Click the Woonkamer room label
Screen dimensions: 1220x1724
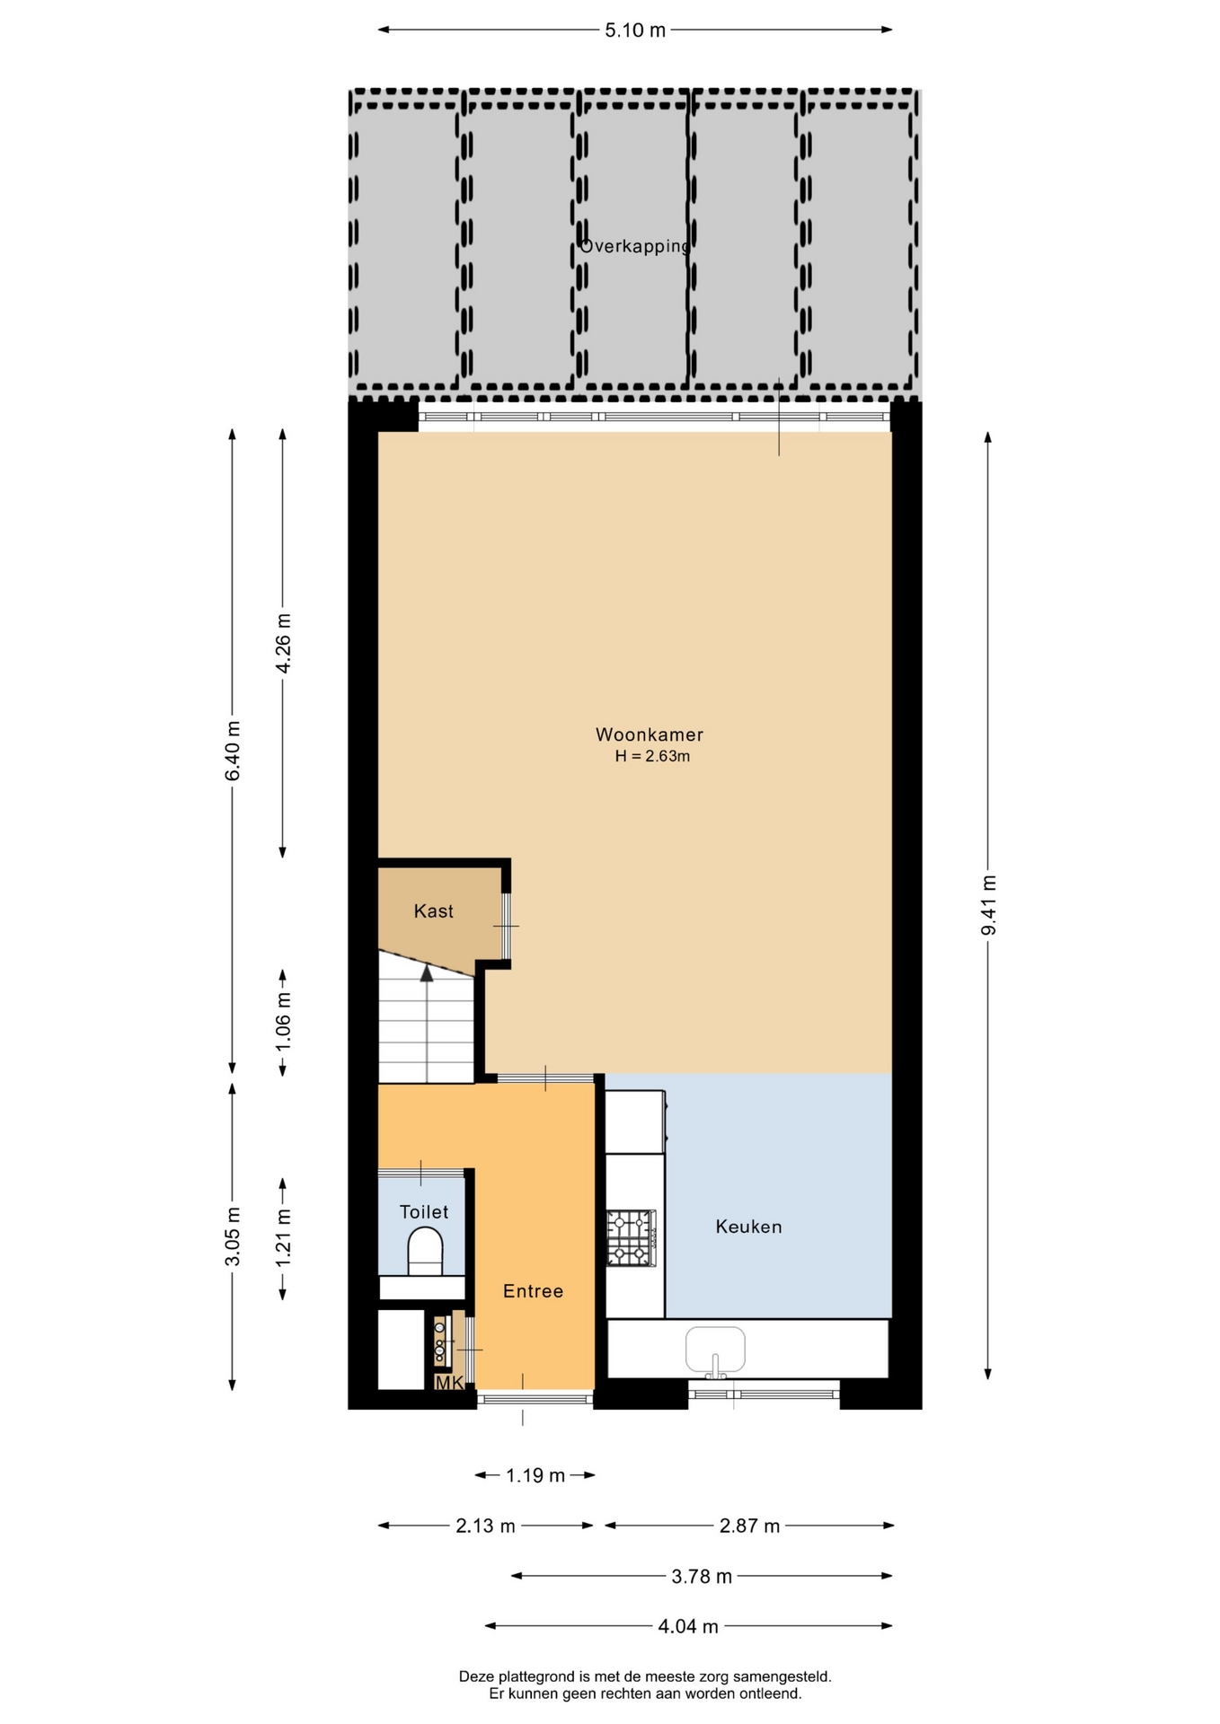[x=650, y=734]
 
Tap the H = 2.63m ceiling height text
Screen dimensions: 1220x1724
[x=652, y=756]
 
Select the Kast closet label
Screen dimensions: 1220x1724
[x=434, y=911]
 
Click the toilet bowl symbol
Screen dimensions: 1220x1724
[x=426, y=1251]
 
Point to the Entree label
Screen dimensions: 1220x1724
[x=533, y=1291]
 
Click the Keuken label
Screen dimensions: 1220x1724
[x=748, y=1227]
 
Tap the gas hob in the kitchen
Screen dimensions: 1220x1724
[x=632, y=1237]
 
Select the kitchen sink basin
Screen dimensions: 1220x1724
[x=715, y=1349]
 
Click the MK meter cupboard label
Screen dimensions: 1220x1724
[x=449, y=1383]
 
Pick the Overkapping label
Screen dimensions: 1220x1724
[x=635, y=246]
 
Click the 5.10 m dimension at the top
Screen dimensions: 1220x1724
[x=635, y=31]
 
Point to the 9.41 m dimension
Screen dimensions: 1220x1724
[x=988, y=905]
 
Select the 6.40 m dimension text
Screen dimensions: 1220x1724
[x=233, y=751]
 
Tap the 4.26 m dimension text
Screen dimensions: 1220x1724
[x=283, y=643]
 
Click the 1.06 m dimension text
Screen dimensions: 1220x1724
[x=283, y=1022]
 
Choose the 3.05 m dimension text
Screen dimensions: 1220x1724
[x=233, y=1236]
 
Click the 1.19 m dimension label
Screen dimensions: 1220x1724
[x=535, y=1475]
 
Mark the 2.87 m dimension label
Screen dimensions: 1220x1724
[x=750, y=1526]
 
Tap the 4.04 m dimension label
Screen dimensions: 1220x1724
[x=688, y=1626]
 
